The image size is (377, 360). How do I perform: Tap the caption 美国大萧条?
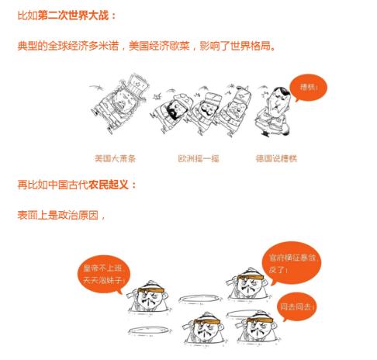point(115,158)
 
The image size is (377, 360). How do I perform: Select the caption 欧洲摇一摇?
point(199,158)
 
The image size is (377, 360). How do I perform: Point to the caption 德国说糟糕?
point(275,158)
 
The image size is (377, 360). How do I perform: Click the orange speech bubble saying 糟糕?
point(308,88)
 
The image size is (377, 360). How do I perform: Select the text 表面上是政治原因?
point(58,213)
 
